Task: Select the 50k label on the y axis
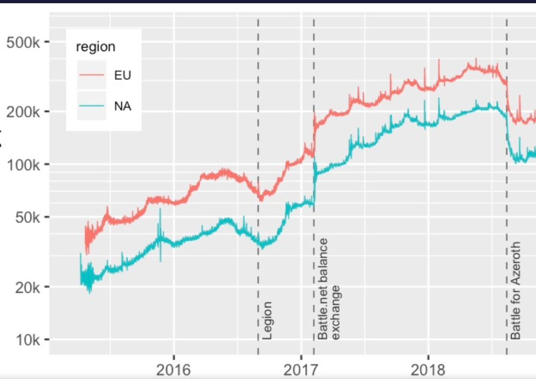point(25,217)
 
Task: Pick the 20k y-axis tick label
point(25,286)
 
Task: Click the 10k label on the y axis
point(25,340)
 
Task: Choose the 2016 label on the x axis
point(174,370)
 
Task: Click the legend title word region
point(96,47)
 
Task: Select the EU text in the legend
point(122,75)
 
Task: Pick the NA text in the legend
point(123,106)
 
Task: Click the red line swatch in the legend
point(92,75)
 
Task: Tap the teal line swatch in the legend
point(92,106)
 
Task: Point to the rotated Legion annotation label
point(267,320)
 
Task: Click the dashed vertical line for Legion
point(258,108)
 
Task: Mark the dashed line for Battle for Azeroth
point(507,54)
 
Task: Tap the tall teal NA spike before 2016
point(160,215)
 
